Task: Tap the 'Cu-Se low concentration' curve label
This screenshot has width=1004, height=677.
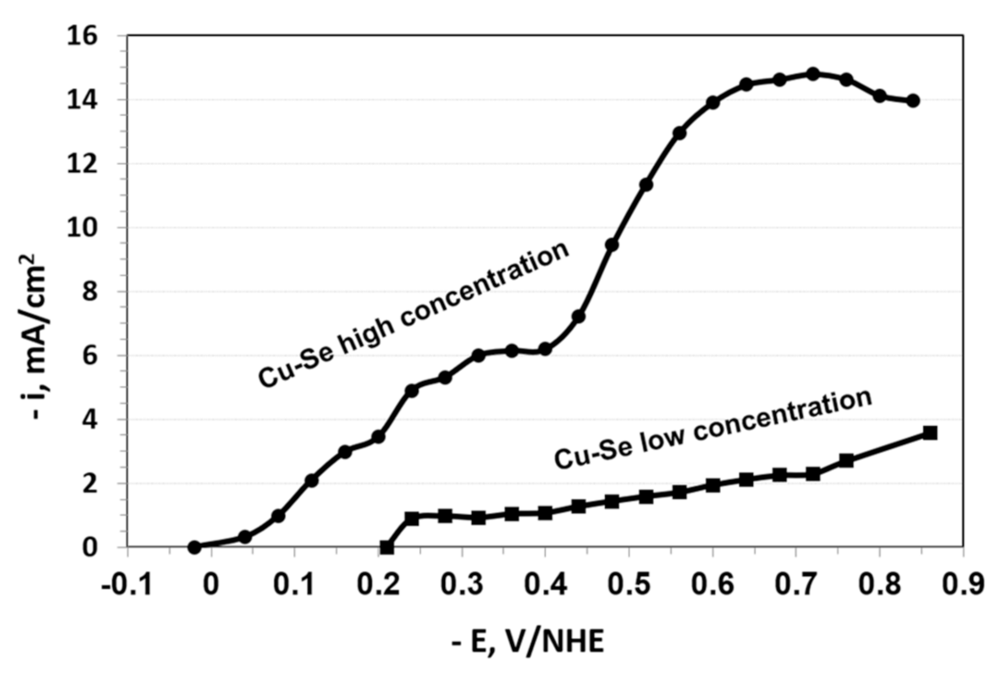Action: pos(713,430)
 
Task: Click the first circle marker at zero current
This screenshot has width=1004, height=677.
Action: pos(194,546)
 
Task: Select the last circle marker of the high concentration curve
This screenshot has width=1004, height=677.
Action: pos(913,101)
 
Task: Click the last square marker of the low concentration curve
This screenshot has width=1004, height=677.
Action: pos(930,432)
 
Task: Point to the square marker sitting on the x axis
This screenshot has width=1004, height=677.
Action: pos(387,547)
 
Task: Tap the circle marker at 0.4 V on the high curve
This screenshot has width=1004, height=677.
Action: pos(545,350)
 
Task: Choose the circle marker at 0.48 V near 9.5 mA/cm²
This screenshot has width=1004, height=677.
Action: pos(612,245)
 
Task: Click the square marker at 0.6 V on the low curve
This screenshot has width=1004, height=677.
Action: pos(713,485)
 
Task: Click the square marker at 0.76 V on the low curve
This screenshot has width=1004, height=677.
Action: pos(847,460)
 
